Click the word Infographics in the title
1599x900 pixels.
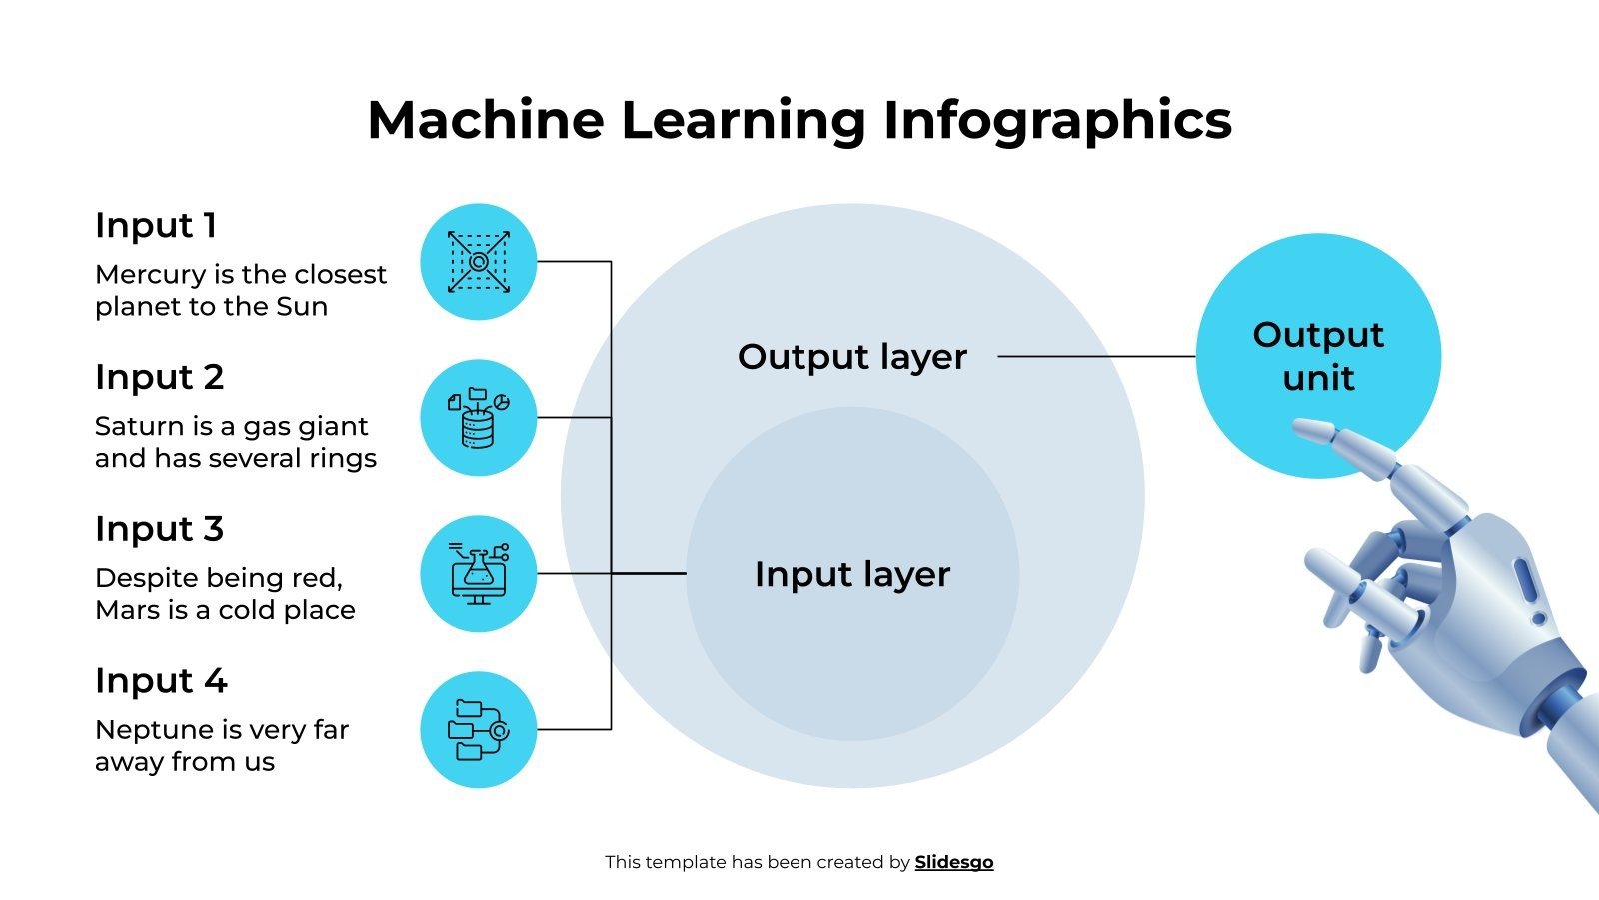[1057, 120]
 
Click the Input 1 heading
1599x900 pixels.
[156, 226]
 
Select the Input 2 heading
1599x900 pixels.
[159, 378]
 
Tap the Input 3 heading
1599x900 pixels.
[159, 529]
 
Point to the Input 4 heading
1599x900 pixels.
[161, 681]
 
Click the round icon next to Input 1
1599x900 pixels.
[478, 262]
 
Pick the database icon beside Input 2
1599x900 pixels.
[478, 417]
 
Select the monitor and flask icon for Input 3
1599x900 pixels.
[478, 574]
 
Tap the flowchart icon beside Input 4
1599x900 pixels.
[478, 729]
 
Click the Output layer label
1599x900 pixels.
[851, 357]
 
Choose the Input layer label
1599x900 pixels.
[851, 574]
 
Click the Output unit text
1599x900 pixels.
[1318, 356]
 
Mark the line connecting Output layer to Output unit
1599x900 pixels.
[1096, 356]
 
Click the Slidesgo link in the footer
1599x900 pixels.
[954, 862]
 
